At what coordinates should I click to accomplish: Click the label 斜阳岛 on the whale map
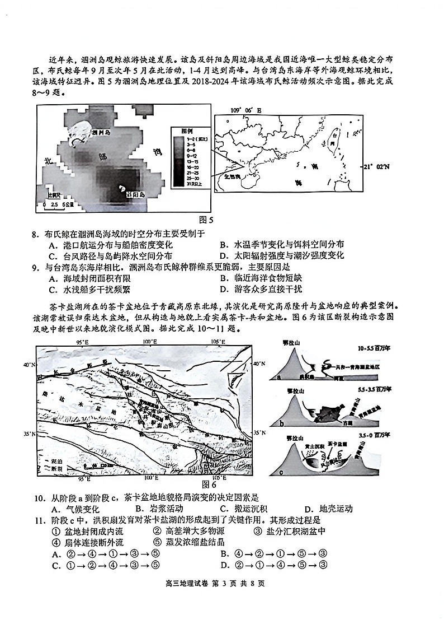coord(135,194)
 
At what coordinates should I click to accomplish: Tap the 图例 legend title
coord(179,130)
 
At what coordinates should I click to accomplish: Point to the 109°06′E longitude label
coord(245,110)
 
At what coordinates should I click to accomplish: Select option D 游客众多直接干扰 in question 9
coord(261,289)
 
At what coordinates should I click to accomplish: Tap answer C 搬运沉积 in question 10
coord(243,509)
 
